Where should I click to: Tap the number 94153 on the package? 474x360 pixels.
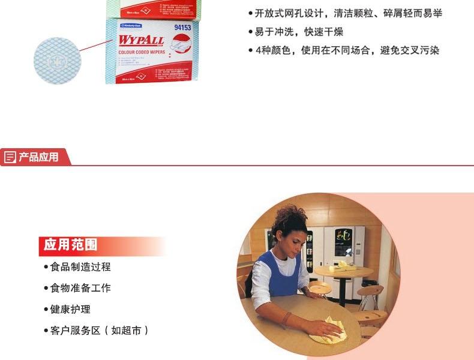[x=182, y=28]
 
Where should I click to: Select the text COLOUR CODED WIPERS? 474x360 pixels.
[x=142, y=53]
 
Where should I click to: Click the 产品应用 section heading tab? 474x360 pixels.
[x=38, y=157]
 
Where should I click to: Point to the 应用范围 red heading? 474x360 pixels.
[x=71, y=245]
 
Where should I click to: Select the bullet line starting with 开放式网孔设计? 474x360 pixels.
[x=348, y=14]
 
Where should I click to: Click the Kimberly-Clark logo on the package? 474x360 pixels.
[x=130, y=26]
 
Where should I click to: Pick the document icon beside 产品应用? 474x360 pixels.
[x=10, y=157]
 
